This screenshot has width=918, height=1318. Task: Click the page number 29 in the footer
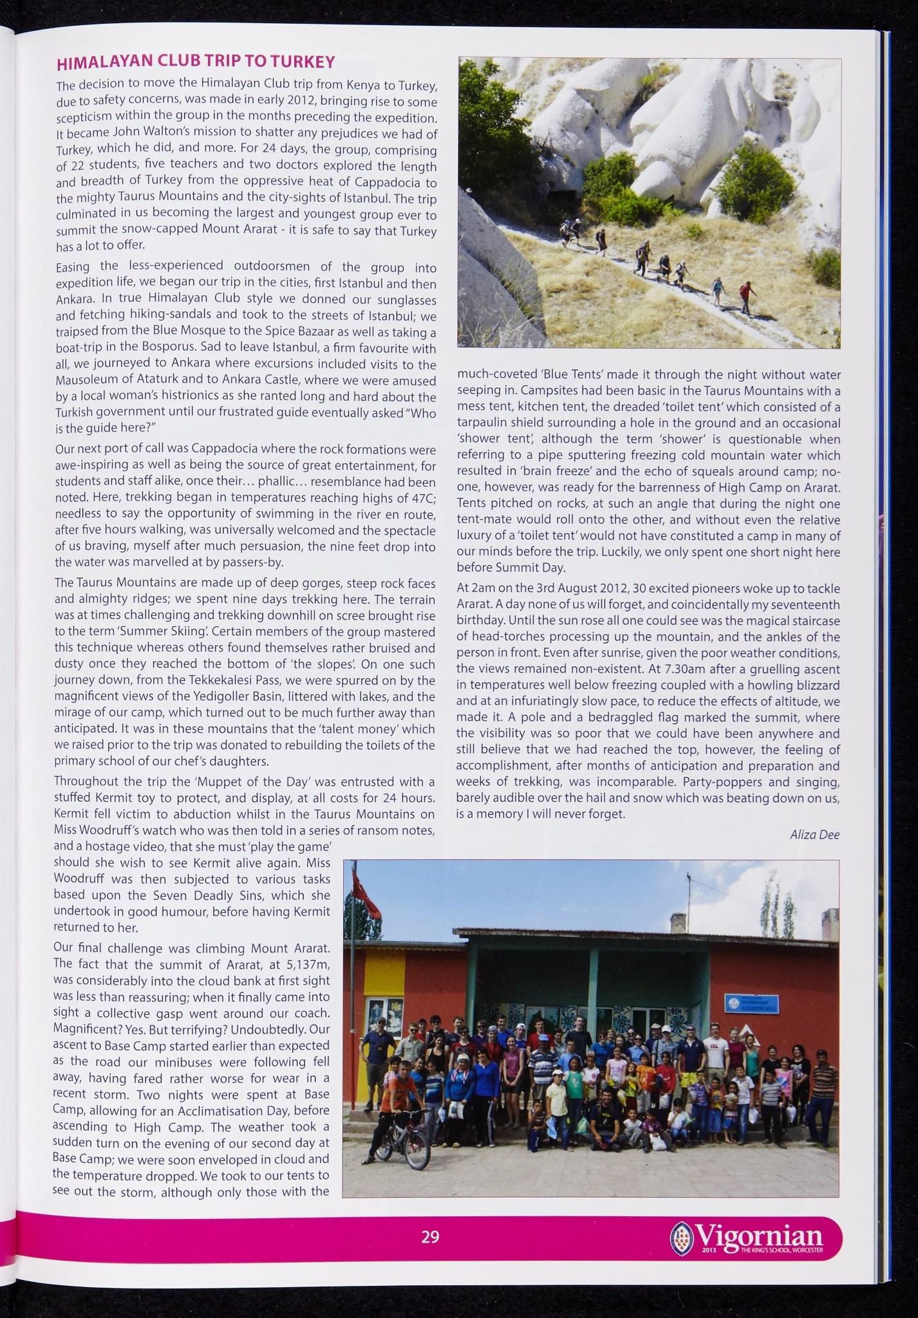(x=430, y=1237)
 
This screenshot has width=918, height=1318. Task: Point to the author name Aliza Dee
(x=814, y=835)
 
